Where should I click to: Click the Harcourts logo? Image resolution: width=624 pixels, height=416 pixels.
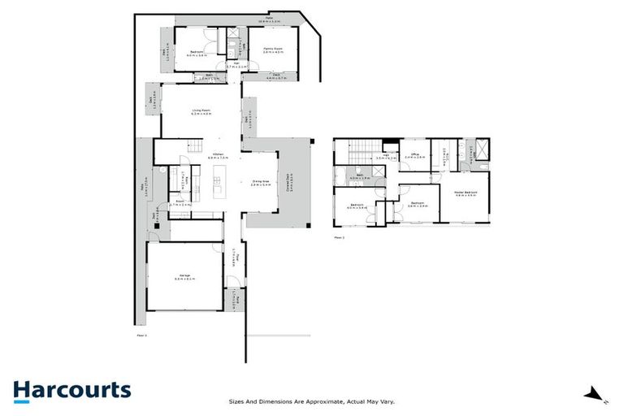(71, 390)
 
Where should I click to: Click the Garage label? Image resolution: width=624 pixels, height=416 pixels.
(185, 277)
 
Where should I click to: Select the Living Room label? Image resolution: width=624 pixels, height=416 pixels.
(201, 111)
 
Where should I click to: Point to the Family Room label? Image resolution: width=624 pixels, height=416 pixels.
(273, 50)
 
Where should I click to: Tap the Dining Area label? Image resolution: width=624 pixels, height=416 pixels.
(260, 183)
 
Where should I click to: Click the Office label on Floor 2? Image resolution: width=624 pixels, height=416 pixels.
(414, 154)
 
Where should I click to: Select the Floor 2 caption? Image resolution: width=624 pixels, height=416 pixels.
(339, 237)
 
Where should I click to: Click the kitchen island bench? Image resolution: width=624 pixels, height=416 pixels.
(218, 180)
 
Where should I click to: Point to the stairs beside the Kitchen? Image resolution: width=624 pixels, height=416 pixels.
(197, 146)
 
